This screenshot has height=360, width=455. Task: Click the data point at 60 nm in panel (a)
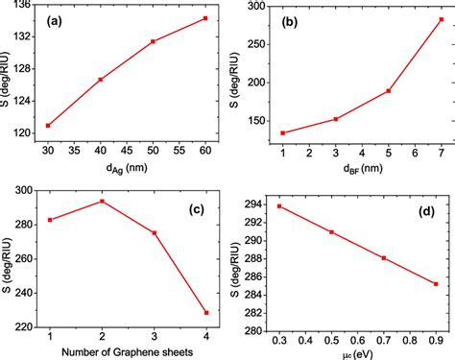[x=204, y=18]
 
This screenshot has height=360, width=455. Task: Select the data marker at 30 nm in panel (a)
[x=47, y=125]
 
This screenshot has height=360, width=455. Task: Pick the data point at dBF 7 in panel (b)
[x=441, y=19]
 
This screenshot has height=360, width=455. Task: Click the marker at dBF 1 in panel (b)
[x=282, y=132]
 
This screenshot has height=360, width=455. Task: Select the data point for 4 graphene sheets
[x=204, y=312]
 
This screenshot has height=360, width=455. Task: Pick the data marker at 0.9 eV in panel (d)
[x=436, y=283]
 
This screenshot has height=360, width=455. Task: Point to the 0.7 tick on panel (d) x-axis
[x=384, y=340]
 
